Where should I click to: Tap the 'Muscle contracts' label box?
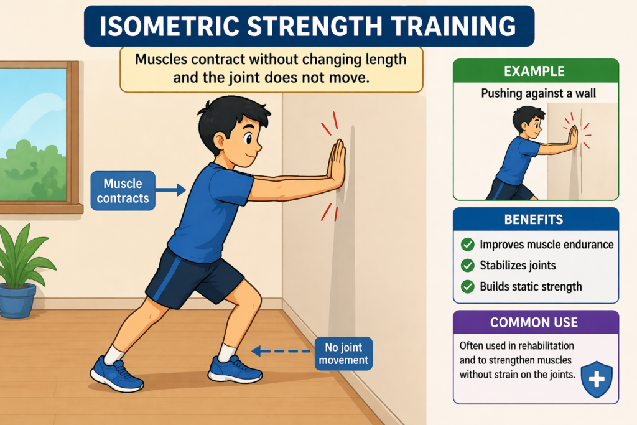click(x=123, y=191)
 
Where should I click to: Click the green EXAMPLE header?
click(x=536, y=70)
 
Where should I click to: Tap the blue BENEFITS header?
click(x=536, y=220)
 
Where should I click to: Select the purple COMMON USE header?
click(x=536, y=322)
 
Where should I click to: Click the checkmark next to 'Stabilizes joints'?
click(x=467, y=266)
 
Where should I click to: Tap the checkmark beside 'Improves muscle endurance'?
click(x=467, y=245)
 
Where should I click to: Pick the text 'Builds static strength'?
click(x=531, y=287)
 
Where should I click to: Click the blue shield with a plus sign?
click(x=596, y=379)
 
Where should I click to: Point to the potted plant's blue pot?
click(x=17, y=300)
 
